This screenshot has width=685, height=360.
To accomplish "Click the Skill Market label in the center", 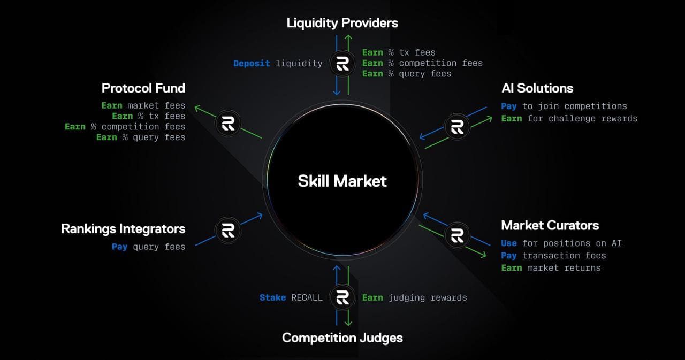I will click(342, 181).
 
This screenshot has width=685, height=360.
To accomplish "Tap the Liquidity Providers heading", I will click(342, 23).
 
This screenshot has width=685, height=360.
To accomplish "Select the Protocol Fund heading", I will click(143, 88).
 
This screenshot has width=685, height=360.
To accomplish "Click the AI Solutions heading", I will click(537, 88).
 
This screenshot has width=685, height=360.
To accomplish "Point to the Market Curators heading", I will click(550, 225).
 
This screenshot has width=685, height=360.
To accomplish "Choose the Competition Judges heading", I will click(342, 338).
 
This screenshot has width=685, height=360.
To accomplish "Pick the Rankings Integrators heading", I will click(123, 229).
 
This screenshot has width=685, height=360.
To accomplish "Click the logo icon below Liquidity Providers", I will click(342, 64).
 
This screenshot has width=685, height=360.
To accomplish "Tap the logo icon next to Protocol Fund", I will click(228, 124).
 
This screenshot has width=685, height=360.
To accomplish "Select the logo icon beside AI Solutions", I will click(457, 127).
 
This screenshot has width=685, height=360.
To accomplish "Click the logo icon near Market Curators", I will click(457, 235).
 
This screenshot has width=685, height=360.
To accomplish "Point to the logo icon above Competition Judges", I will click(342, 297).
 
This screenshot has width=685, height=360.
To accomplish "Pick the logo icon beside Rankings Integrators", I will click(228, 230).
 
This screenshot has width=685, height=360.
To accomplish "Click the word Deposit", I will click(252, 63).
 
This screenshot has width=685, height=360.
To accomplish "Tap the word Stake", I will click(272, 297).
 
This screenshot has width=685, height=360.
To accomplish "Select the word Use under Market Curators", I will click(509, 243).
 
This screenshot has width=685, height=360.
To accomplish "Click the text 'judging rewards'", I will click(428, 297).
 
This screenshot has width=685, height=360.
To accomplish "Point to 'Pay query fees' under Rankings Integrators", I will click(148, 247).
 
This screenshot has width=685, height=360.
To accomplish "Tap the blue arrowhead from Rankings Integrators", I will click(260, 215).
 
